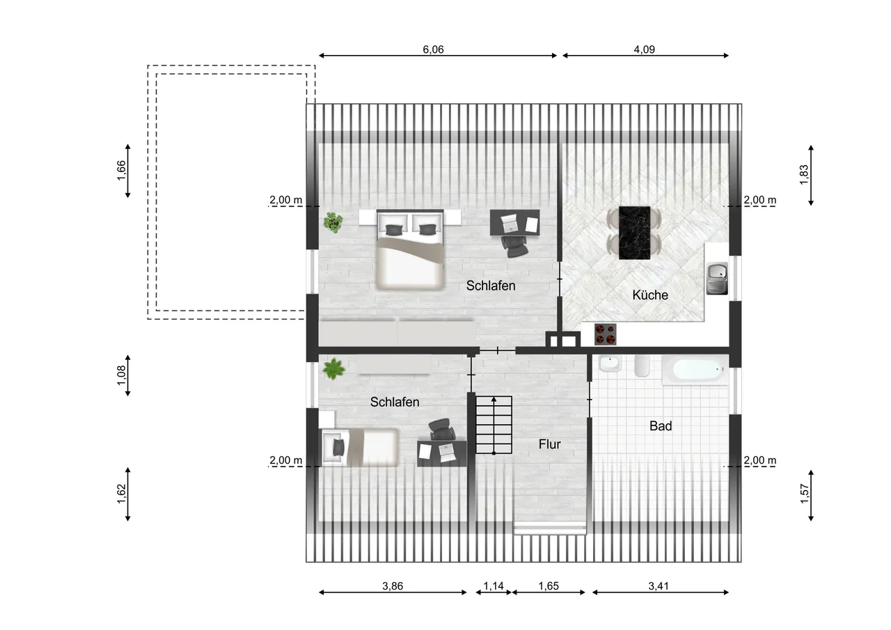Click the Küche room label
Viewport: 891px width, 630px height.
(x=650, y=295)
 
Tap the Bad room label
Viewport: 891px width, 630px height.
(x=661, y=426)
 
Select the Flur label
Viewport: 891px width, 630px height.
(x=550, y=444)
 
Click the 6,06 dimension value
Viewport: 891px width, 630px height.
(x=433, y=49)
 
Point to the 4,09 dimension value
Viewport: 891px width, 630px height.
(x=644, y=49)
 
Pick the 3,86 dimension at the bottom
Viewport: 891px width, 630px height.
(x=393, y=586)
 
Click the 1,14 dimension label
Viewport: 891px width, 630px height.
(x=494, y=586)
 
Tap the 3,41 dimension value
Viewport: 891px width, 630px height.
(x=659, y=586)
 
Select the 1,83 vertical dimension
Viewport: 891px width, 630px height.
(x=804, y=175)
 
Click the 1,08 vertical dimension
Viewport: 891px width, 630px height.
(x=121, y=375)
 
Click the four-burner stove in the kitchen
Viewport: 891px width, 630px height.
(x=606, y=334)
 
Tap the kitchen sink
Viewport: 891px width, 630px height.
(x=717, y=278)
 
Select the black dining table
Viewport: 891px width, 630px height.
(x=634, y=233)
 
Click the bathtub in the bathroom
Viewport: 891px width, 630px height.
(x=695, y=370)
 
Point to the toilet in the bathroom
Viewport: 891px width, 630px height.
(x=642, y=366)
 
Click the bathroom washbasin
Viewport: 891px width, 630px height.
(x=610, y=363)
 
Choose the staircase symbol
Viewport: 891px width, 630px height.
(x=494, y=425)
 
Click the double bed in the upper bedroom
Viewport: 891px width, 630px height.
(x=410, y=249)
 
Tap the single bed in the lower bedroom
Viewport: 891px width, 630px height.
(x=360, y=447)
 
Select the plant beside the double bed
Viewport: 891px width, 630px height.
(x=333, y=222)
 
